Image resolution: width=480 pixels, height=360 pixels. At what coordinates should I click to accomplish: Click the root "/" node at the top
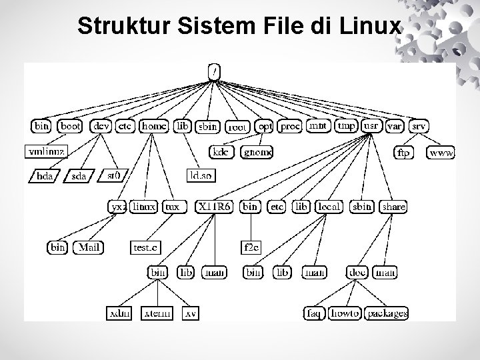coord(213,69)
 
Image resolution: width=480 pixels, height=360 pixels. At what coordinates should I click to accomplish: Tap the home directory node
coord(154,125)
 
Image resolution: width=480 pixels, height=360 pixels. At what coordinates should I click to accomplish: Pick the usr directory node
coord(371,125)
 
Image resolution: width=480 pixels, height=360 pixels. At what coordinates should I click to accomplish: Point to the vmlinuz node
coord(47,151)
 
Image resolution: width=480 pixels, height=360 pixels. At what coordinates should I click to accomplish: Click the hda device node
coord(46,176)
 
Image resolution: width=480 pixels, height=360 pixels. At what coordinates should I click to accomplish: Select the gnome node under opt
coord(257,152)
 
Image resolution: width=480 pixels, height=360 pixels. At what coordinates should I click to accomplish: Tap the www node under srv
coord(441,153)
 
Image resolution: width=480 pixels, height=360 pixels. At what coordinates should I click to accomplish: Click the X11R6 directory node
coord(215,207)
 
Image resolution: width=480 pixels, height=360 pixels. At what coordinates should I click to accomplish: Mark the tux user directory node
coord(173,207)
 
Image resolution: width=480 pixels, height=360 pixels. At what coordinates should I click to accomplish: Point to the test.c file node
coord(147,247)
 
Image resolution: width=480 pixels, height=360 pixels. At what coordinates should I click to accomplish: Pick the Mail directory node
coord(89,247)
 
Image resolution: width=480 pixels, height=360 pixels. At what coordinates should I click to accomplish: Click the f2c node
coord(251,247)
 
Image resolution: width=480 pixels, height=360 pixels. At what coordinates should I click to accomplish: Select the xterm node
coord(157,313)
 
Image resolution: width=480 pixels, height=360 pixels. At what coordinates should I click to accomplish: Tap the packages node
coord(387,313)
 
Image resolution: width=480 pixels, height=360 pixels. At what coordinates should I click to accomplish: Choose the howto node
coord(345,313)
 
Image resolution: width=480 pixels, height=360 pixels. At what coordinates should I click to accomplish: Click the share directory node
coord(393,207)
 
